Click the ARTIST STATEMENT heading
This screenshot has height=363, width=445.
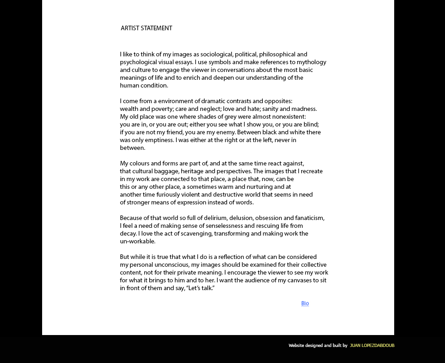coord(147,28)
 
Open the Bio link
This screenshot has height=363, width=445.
coord(305,303)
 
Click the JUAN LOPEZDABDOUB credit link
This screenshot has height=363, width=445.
coord(372,346)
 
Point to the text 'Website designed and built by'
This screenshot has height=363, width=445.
coord(318,346)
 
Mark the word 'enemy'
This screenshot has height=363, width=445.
coord(224,132)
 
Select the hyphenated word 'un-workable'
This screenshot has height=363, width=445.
coord(137,242)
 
